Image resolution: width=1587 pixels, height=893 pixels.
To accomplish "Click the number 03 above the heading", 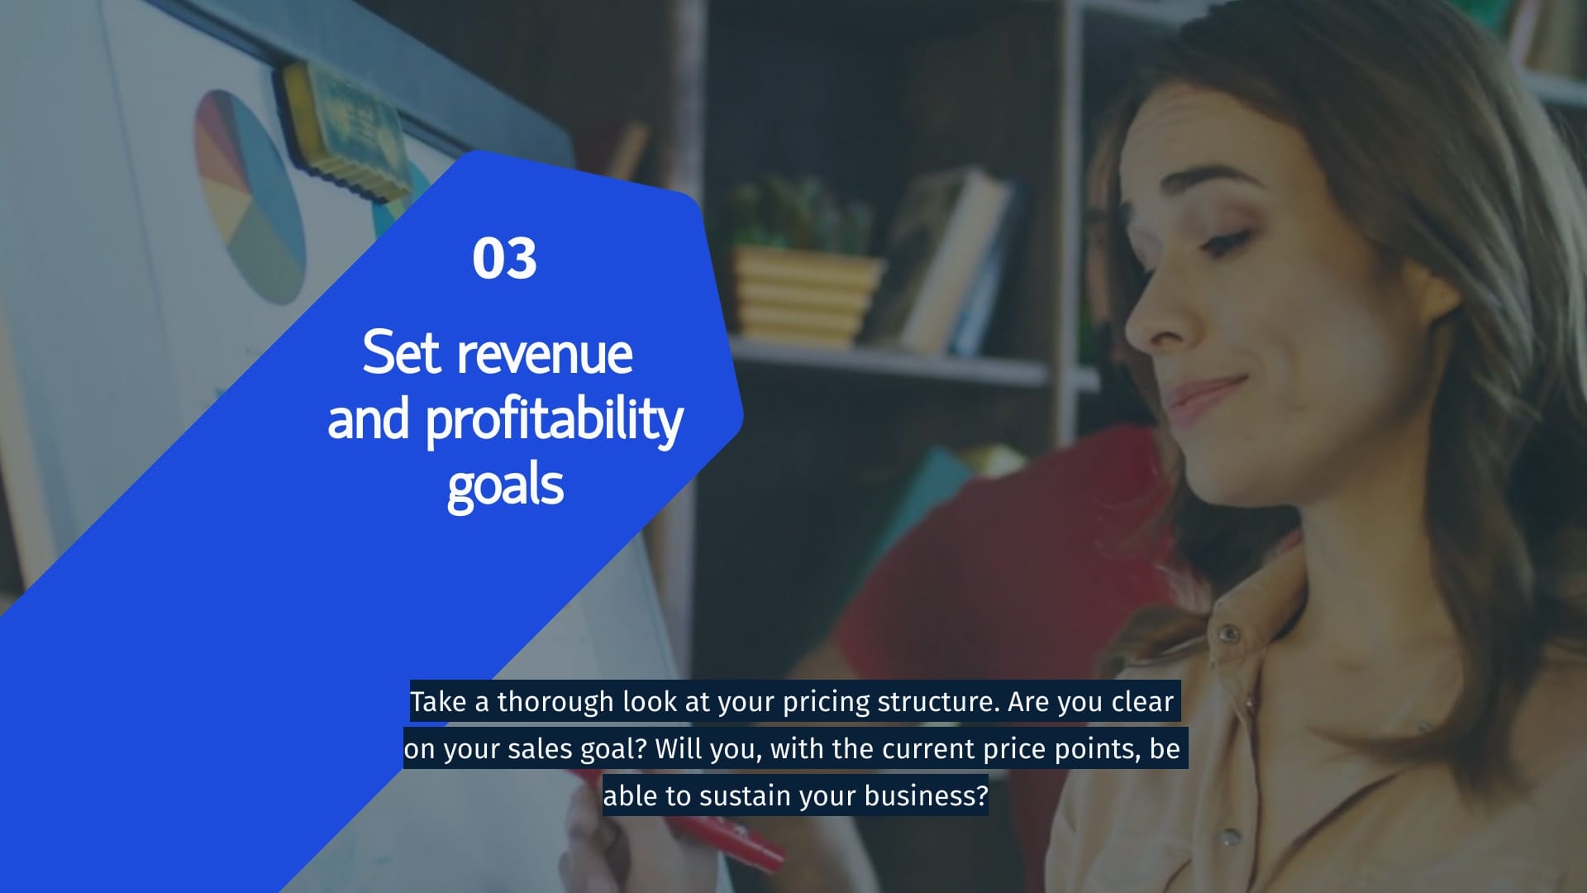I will click(504, 258).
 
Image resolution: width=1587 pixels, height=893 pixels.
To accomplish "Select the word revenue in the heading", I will click(546, 354).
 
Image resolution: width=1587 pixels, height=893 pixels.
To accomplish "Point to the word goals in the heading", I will click(505, 486).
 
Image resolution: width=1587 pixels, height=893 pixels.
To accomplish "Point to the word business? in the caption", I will click(926, 796).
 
